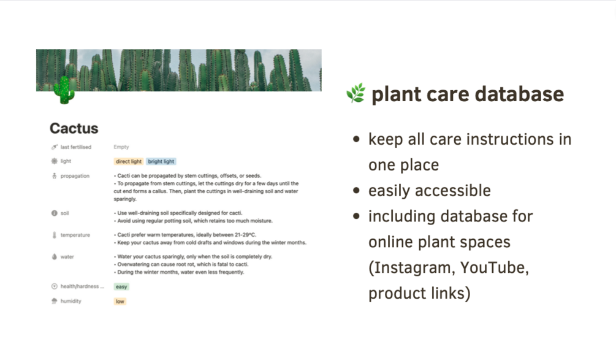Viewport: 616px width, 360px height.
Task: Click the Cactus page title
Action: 74,129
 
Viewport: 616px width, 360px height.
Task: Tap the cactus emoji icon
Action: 64,90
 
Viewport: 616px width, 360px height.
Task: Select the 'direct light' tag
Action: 129,161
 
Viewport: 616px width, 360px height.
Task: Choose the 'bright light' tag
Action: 161,161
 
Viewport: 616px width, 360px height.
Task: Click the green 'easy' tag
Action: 121,287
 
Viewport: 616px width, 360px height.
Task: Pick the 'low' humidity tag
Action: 120,302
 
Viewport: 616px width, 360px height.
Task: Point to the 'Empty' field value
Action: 121,147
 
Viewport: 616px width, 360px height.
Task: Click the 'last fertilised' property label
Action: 76,147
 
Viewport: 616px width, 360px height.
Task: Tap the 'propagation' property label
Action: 75,176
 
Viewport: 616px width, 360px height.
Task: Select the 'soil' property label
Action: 64,213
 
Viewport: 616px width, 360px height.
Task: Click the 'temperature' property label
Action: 75,235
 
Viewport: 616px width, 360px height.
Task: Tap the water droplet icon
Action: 54,256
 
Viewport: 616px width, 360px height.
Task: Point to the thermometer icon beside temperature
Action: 54,235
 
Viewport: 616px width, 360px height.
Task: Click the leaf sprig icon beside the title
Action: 356,94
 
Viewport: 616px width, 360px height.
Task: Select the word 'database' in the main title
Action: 519,94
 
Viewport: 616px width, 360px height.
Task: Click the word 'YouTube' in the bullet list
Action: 495,267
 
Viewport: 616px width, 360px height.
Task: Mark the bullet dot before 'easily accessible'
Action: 356,191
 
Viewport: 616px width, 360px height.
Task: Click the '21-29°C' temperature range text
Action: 245,235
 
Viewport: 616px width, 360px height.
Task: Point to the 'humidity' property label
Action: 70,301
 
